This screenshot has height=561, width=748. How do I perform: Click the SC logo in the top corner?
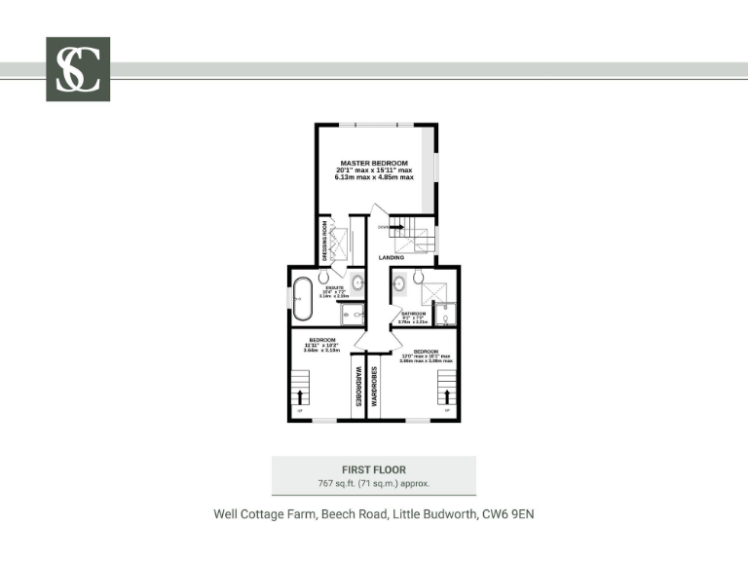[78, 69]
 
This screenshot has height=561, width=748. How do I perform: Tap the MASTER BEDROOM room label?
[374, 162]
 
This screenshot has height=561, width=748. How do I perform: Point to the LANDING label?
[392, 257]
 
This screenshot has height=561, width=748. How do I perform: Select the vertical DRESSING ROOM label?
[324, 241]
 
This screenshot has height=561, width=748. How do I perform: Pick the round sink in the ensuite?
[356, 283]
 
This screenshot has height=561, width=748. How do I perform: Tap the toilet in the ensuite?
[323, 277]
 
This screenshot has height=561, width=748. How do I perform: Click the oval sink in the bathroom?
[398, 284]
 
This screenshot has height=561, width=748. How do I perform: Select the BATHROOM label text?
[414, 313]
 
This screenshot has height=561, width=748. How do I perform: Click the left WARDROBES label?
[357, 386]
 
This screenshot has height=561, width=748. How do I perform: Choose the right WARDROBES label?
[372, 386]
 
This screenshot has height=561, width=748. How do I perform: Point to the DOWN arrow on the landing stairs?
[395, 226]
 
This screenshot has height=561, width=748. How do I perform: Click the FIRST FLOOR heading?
[374, 469]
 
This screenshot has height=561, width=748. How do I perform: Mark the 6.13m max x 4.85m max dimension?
[374, 177]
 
